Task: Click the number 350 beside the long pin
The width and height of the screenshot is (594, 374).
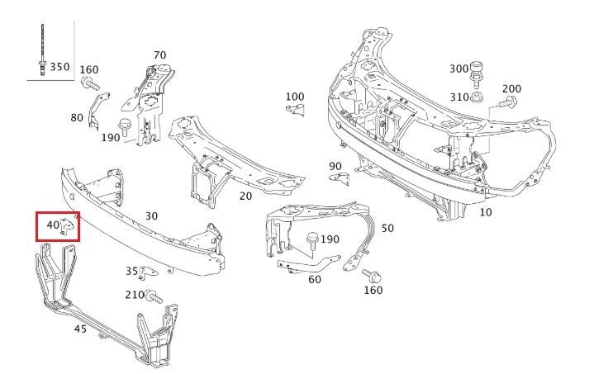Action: click(x=60, y=67)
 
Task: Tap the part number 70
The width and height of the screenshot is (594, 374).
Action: click(x=159, y=56)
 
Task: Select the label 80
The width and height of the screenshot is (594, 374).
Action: click(x=77, y=118)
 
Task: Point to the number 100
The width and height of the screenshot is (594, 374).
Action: click(x=295, y=97)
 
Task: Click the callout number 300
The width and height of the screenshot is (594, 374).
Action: click(x=459, y=69)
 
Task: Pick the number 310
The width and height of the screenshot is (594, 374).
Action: click(x=459, y=97)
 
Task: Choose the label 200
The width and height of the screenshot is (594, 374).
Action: click(x=511, y=89)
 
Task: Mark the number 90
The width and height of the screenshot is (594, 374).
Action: click(x=335, y=167)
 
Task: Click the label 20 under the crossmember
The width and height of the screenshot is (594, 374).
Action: click(x=245, y=196)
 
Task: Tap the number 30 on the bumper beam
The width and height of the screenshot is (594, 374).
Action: click(x=151, y=216)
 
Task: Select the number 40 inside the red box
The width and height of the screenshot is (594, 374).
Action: click(x=53, y=225)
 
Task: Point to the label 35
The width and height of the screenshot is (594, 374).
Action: click(x=131, y=271)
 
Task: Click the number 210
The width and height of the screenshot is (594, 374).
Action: click(x=135, y=295)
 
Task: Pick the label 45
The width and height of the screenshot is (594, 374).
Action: click(x=80, y=329)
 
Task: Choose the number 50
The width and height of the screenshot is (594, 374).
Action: click(x=387, y=228)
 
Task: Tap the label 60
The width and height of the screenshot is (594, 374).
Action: click(x=314, y=279)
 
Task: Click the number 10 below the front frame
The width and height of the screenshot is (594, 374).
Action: click(x=485, y=212)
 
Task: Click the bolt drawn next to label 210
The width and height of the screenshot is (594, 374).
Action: click(x=153, y=296)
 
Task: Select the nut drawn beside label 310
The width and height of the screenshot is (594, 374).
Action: click(x=478, y=97)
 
